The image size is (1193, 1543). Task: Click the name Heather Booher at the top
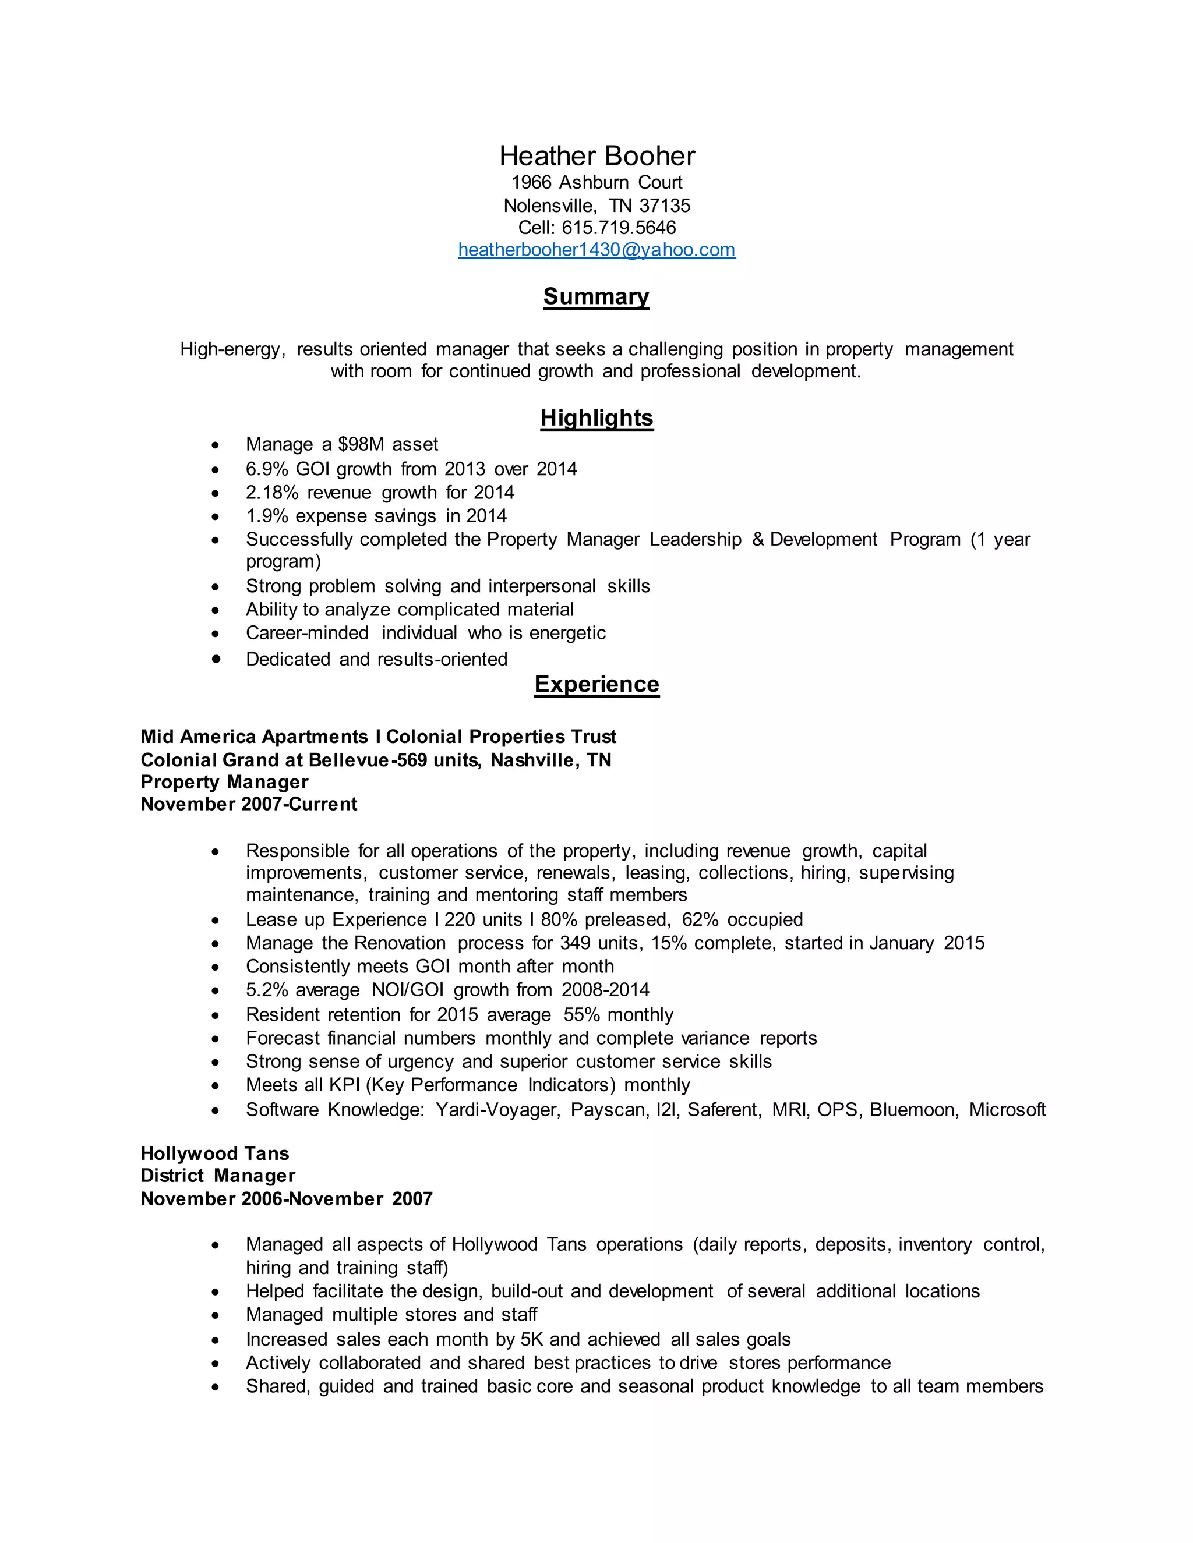tap(596, 156)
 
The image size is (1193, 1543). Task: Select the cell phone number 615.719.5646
tap(619, 228)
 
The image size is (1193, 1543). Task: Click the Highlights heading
tap(596, 417)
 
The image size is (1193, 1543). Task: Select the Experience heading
tap(596, 684)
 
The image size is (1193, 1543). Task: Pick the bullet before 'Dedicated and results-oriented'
tap(216, 659)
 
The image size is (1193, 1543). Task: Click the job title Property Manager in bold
tap(224, 782)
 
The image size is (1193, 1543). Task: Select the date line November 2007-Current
tap(249, 804)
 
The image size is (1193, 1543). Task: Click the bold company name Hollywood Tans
tap(215, 1153)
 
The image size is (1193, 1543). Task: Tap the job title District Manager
tap(218, 1176)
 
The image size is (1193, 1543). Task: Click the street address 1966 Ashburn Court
tap(596, 182)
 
